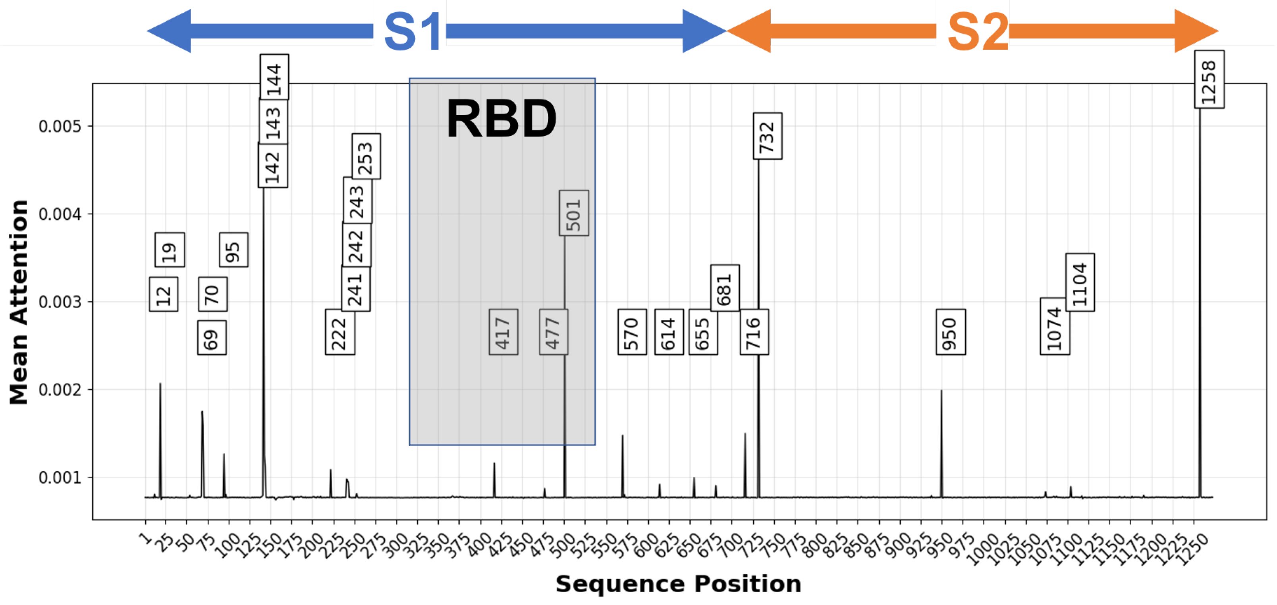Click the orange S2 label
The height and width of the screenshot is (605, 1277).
pyautogui.click(x=977, y=32)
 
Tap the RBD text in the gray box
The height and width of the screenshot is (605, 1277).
pyautogui.click(x=501, y=119)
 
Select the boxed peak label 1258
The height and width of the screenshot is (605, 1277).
pyautogui.click(x=1209, y=79)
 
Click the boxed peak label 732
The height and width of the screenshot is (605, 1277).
pyautogui.click(x=767, y=136)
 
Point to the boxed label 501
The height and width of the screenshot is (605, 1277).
pyautogui.click(x=573, y=213)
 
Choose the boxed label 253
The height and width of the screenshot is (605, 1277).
pyautogui.click(x=366, y=156)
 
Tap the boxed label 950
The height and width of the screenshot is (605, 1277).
pyautogui.click(x=950, y=332)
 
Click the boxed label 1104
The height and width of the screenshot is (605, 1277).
pyautogui.click(x=1080, y=282)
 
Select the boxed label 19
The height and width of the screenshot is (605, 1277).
pyautogui.click(x=170, y=250)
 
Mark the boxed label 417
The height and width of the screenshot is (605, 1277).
pyautogui.click(x=503, y=332)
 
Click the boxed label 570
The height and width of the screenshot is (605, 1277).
pyautogui.click(x=632, y=332)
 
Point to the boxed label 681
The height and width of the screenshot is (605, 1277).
pyautogui.click(x=724, y=288)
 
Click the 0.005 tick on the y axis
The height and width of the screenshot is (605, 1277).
pyautogui.click(x=60, y=126)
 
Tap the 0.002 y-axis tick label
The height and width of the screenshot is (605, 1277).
pyautogui.click(x=60, y=390)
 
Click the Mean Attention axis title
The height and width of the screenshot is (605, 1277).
pyautogui.click(x=19, y=302)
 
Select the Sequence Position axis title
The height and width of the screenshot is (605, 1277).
pyautogui.click(x=678, y=584)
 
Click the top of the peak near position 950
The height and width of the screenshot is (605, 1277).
pyautogui.click(x=941, y=391)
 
